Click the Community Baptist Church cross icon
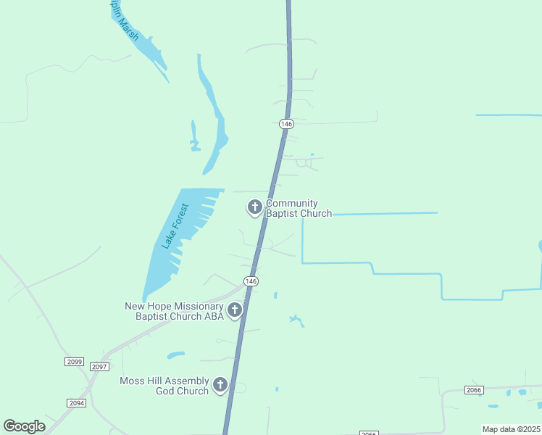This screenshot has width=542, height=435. (254, 208)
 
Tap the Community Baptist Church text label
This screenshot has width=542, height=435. (299, 209)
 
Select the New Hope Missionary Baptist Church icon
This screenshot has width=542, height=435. (234, 311)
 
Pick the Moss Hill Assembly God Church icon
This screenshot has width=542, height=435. (220, 386)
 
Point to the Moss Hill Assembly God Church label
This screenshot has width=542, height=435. (164, 386)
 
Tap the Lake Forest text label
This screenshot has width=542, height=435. (176, 227)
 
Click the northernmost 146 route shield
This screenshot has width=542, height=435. (287, 124)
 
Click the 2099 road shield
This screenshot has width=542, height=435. (75, 361)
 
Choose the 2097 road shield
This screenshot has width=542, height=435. (100, 367)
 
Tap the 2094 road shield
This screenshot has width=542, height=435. (76, 402)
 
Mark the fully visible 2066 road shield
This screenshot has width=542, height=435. (474, 390)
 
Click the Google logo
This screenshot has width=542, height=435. (24, 426)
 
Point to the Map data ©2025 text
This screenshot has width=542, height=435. (511, 429)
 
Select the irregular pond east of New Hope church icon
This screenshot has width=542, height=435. (296, 319)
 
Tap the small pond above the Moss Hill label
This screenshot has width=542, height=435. (175, 355)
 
